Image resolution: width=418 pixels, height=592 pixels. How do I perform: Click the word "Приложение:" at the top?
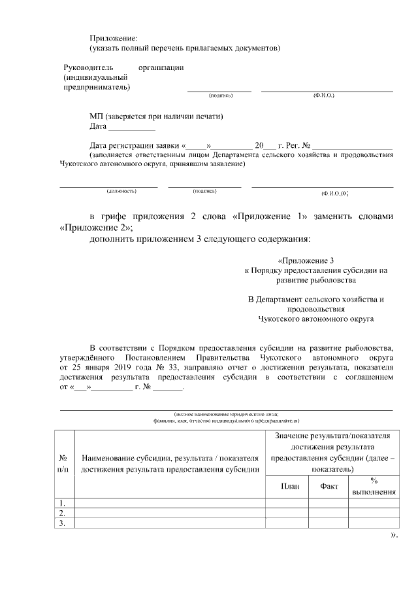tap(114, 39)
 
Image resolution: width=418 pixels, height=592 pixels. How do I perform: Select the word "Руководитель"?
tap(88, 67)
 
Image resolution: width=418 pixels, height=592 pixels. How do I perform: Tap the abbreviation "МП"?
tap(97, 116)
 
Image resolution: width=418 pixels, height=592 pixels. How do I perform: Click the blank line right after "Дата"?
tap(132, 127)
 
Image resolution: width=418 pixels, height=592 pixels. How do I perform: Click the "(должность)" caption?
tap(121, 191)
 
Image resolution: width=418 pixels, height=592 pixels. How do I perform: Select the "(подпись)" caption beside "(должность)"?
tap(204, 191)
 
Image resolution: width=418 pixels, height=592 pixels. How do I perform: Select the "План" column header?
tap(286, 486)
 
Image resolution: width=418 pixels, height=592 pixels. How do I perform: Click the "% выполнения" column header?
tap(374, 486)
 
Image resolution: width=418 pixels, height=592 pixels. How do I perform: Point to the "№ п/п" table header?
tap(63, 463)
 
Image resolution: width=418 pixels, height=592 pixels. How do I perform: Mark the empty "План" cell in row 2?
tap(286, 513)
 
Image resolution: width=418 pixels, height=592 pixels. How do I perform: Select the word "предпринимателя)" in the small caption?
tap(274, 421)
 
